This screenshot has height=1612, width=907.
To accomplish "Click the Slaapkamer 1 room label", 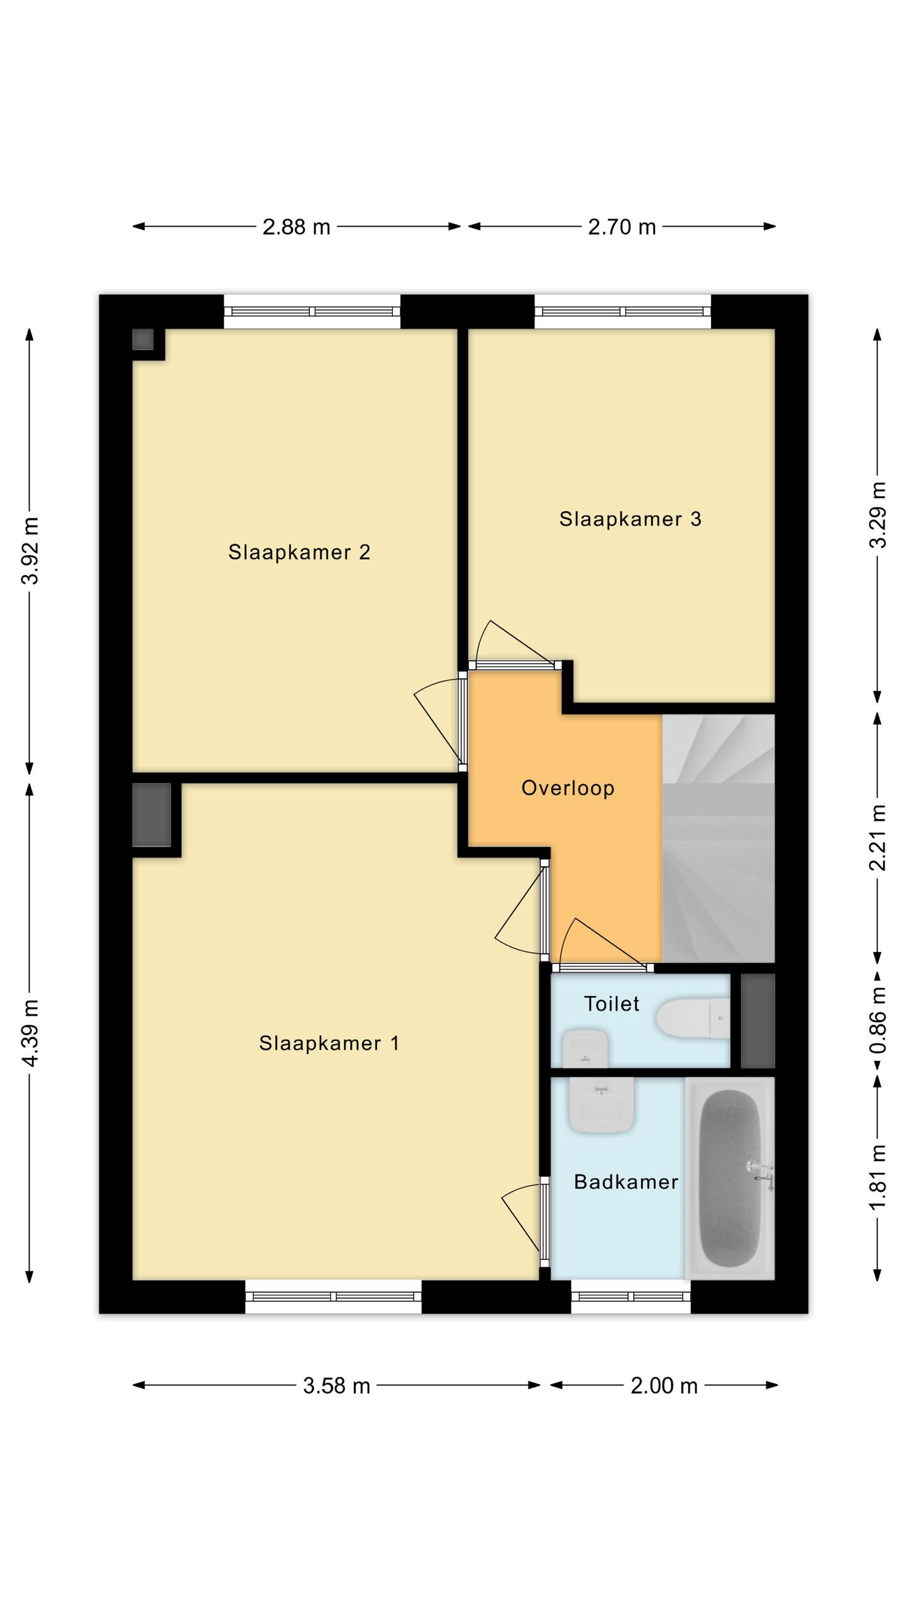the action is coord(329,1043).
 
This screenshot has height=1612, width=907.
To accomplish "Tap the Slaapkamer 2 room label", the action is coord(299,552).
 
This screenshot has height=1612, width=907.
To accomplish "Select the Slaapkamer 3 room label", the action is coord(630,519).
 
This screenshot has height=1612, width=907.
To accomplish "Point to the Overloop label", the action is coord(568,788).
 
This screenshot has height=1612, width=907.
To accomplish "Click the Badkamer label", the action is coord(626,1182).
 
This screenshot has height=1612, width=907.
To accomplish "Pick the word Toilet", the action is coord(612,1004).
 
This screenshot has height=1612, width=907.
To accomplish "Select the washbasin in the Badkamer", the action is coord(602,1106).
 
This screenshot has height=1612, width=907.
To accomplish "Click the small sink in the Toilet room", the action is coord(585,1048).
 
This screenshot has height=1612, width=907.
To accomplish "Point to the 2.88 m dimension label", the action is coord(296,227).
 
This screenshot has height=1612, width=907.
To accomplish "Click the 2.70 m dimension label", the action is coord(622,227).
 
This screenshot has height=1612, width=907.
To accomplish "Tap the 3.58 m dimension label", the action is coord(336,1385).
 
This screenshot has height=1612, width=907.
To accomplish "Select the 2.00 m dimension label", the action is coord(664,1385).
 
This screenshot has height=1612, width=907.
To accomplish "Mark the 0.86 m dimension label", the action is coord(878,1020).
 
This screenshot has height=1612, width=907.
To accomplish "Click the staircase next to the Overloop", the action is coord(718,839).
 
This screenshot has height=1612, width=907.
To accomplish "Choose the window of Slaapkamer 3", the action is coord(623,312).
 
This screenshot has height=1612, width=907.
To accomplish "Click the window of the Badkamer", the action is coord(631,1297).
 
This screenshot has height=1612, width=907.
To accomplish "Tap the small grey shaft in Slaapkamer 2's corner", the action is coord(143,339).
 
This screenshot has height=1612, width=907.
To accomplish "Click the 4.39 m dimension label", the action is coord(30,1033).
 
